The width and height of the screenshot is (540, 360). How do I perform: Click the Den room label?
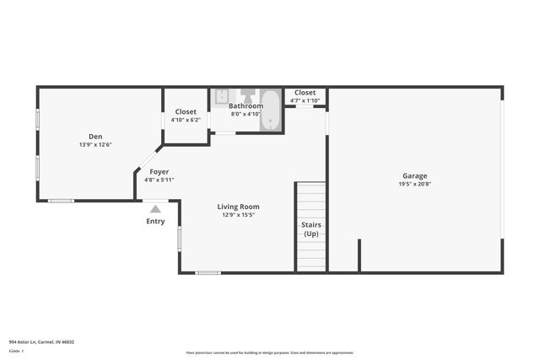point(95,137)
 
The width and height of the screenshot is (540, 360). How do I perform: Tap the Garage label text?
point(413,176)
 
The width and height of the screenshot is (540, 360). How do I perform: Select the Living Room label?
point(238,207)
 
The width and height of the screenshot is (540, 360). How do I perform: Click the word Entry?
point(155,222)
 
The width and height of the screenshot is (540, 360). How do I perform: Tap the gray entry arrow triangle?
point(155,209)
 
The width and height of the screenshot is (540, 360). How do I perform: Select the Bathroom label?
point(246,106)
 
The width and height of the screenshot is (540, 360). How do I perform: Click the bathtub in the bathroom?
point(271,110)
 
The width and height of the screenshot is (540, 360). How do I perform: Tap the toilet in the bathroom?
point(247,94)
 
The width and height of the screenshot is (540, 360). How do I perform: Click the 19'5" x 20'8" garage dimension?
point(413,184)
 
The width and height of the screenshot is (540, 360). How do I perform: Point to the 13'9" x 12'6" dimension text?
point(95,145)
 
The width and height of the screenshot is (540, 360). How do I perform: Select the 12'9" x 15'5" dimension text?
point(238,215)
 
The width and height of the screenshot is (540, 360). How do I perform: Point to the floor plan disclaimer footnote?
point(269,352)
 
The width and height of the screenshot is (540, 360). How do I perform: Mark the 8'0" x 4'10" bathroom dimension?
point(246,114)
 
